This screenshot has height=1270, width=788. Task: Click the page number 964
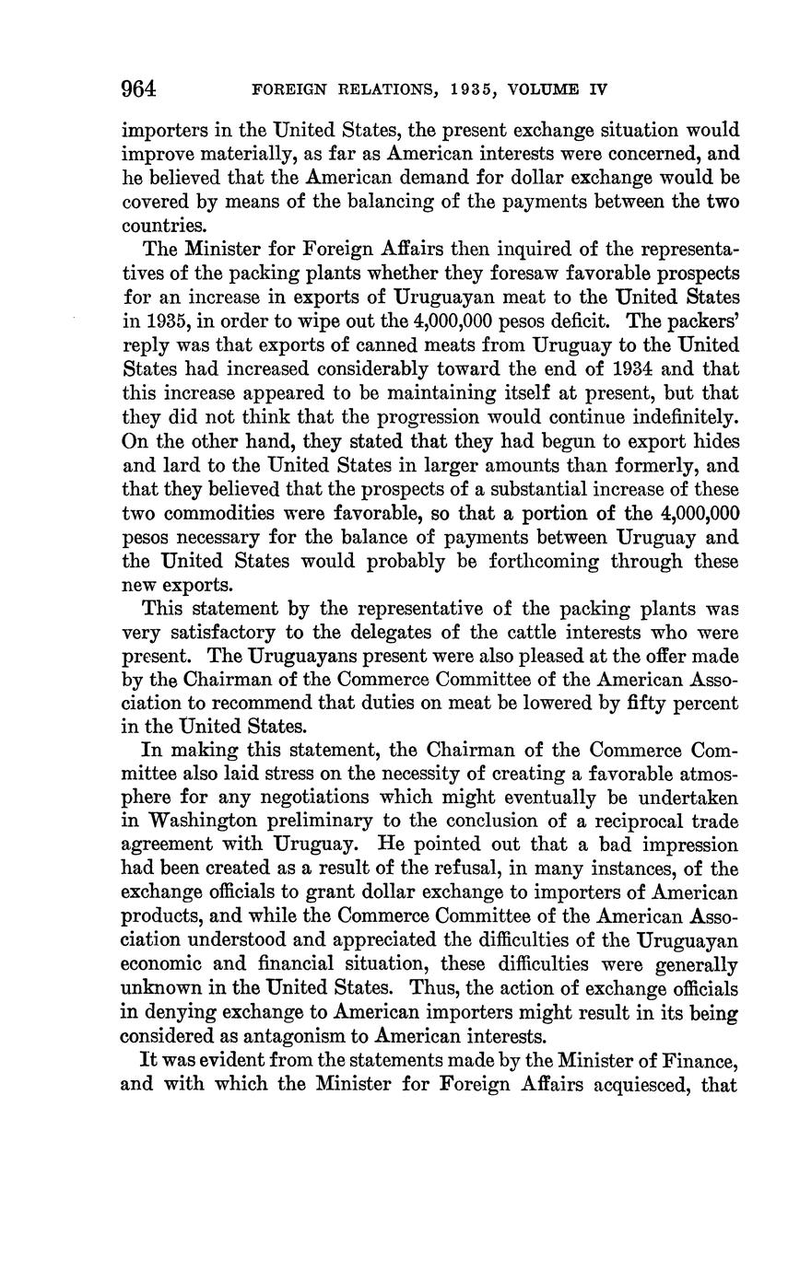click(139, 89)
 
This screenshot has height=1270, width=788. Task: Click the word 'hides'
click(716, 441)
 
